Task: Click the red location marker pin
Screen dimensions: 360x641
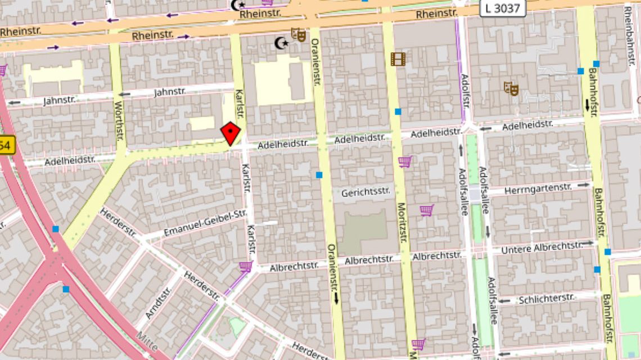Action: pyautogui.click(x=231, y=133)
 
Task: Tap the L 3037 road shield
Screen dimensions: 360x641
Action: pyautogui.click(x=503, y=8)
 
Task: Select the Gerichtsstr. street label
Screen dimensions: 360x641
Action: pyautogui.click(x=365, y=192)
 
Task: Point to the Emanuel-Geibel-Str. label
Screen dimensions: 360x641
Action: pyautogui.click(x=205, y=223)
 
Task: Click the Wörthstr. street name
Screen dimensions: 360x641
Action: pyautogui.click(x=119, y=120)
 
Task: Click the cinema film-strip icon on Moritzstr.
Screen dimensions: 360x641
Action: pyautogui.click(x=398, y=58)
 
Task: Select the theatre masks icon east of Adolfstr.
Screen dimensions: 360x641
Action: pyautogui.click(x=511, y=88)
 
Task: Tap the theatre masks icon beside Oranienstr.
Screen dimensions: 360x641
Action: pyautogui.click(x=298, y=35)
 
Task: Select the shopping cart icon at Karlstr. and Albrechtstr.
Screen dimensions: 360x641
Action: pyautogui.click(x=245, y=266)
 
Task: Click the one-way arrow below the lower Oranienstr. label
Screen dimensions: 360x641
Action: pyautogui.click(x=336, y=298)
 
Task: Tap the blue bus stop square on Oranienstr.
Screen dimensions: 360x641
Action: pyautogui.click(x=319, y=175)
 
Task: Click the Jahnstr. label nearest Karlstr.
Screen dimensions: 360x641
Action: pyautogui.click(x=170, y=91)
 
